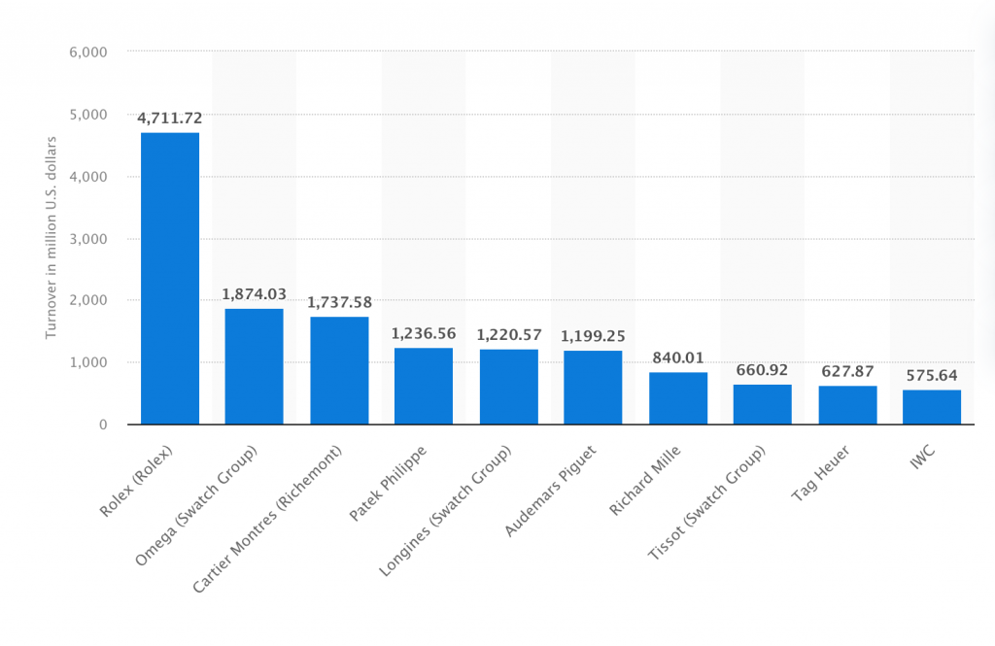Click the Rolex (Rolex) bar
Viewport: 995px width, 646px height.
pyautogui.click(x=170, y=278)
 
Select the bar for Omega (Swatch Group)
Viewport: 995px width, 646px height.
pyautogui.click(x=254, y=366)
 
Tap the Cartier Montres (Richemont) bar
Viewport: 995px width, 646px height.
pyautogui.click(x=339, y=370)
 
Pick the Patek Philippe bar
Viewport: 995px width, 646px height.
pyautogui.click(x=424, y=386)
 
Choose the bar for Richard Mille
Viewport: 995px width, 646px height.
pyautogui.click(x=678, y=398)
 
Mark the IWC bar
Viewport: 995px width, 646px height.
pyautogui.click(x=932, y=407)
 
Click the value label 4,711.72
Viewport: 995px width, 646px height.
pyautogui.click(x=170, y=119)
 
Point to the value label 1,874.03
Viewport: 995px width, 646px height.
pyautogui.click(x=254, y=294)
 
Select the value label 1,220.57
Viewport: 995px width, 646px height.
pyautogui.click(x=508, y=334)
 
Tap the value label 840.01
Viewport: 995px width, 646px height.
pyautogui.click(x=678, y=357)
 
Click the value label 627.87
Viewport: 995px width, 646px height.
pyautogui.click(x=847, y=371)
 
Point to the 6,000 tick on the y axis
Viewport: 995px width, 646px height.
pyautogui.click(x=87, y=51)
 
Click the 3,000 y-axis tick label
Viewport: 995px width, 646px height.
pyautogui.click(x=87, y=238)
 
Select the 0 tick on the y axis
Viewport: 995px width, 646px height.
pyautogui.click(x=101, y=425)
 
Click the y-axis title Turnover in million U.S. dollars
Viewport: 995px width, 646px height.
pyautogui.click(x=51, y=238)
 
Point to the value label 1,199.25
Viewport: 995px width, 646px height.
pyautogui.click(x=593, y=335)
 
